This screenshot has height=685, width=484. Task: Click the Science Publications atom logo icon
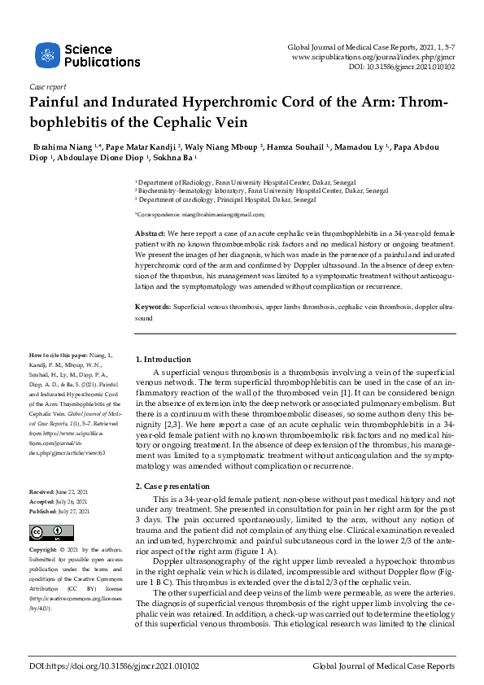(x=46, y=55)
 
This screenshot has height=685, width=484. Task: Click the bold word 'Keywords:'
(x=153, y=308)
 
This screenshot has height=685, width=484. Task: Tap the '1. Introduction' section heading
(x=163, y=359)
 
